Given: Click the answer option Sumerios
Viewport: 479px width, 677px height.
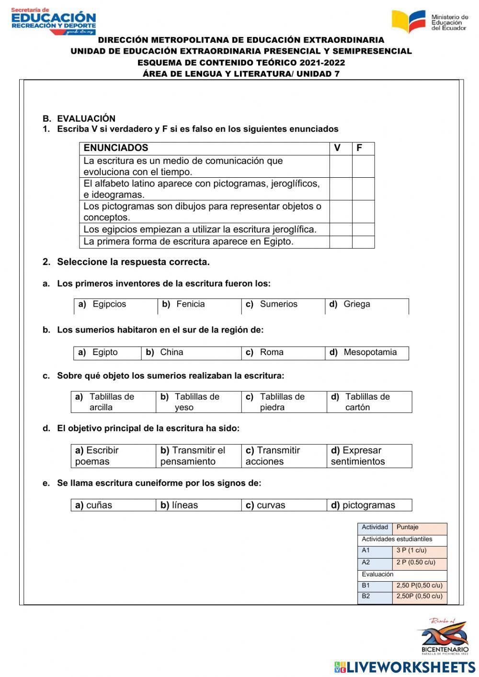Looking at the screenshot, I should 278,304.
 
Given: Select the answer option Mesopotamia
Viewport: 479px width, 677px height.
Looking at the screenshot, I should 370,352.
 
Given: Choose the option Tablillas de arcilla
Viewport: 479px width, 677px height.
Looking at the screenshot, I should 111,402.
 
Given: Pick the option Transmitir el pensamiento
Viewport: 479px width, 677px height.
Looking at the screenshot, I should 193,456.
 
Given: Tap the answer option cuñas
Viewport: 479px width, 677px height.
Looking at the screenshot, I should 99,505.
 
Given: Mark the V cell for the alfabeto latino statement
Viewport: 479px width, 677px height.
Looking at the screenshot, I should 341,189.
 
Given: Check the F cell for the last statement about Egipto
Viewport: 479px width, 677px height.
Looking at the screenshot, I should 363,241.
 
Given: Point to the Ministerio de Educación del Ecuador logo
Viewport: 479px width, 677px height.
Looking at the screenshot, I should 429,22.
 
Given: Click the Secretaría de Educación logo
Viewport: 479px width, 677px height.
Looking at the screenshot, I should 53,21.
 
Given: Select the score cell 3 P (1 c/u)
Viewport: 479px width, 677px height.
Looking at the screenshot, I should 419,551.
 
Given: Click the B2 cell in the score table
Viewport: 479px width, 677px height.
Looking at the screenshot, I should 375,597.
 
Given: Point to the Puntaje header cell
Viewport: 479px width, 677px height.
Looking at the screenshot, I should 419,528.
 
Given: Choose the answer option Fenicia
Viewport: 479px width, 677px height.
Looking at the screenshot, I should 190,304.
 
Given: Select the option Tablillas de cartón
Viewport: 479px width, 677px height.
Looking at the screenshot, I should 367,402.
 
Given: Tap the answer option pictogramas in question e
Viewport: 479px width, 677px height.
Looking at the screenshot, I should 369,505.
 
